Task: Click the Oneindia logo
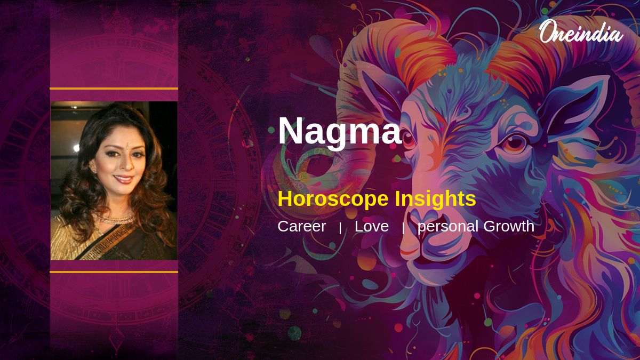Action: pyautogui.click(x=581, y=32)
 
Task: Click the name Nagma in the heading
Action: pyautogui.click(x=340, y=131)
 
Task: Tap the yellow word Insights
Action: pyautogui.click(x=435, y=198)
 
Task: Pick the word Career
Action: pyautogui.click(x=302, y=226)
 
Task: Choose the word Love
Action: pyautogui.click(x=372, y=226)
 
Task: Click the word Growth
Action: pyautogui.click(x=509, y=226)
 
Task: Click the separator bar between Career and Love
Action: pyautogui.click(x=340, y=228)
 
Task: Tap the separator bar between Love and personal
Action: pyautogui.click(x=403, y=228)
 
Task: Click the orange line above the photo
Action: pyautogui.click(x=114, y=89)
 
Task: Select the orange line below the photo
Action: pyautogui.click(x=114, y=271)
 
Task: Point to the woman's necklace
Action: pyautogui.click(x=114, y=219)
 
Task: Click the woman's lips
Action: pyautogui.click(x=124, y=179)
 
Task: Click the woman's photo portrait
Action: pyautogui.click(x=114, y=181)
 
